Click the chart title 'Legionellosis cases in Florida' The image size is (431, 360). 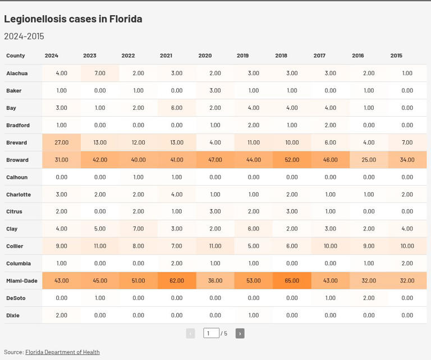73,19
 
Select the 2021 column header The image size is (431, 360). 166,56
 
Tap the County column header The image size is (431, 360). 16,56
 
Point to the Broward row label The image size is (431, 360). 17,160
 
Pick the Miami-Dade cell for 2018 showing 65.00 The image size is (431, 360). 292,280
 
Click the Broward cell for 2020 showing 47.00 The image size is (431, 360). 215,160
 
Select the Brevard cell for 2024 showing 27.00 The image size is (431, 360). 62,142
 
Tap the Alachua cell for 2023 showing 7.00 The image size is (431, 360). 100,73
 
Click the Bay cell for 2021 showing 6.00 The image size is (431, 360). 177,108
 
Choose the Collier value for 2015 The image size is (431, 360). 407,246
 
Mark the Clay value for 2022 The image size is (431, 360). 138,228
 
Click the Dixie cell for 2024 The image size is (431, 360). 62,315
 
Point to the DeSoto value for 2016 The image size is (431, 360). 369,298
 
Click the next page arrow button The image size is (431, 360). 240,333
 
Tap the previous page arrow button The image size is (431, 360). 190,333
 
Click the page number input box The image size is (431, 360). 211,333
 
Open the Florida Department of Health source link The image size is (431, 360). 62,352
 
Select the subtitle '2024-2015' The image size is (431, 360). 24,36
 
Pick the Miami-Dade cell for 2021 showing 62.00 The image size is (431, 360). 177,280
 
